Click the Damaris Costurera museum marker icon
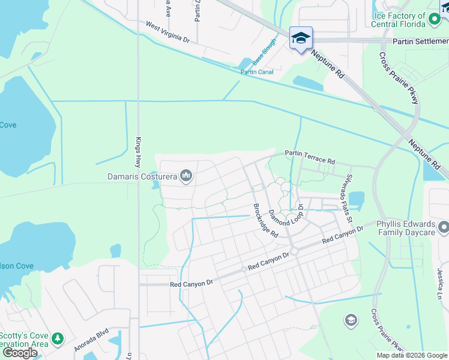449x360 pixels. click(x=186, y=176)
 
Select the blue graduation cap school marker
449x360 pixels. click(x=301, y=38)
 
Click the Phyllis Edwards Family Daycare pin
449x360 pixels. click(x=444, y=227)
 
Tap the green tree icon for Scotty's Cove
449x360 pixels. click(x=58, y=338)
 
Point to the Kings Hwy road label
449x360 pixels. click(x=137, y=152)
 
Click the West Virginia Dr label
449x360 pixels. click(x=167, y=32)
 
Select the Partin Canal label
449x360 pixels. click(x=257, y=72)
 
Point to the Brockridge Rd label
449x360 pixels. click(x=265, y=220)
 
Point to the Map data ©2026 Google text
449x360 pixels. click(x=412, y=355)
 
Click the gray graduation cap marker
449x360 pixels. click(x=351, y=320)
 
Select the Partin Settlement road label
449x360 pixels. click(x=420, y=41)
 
